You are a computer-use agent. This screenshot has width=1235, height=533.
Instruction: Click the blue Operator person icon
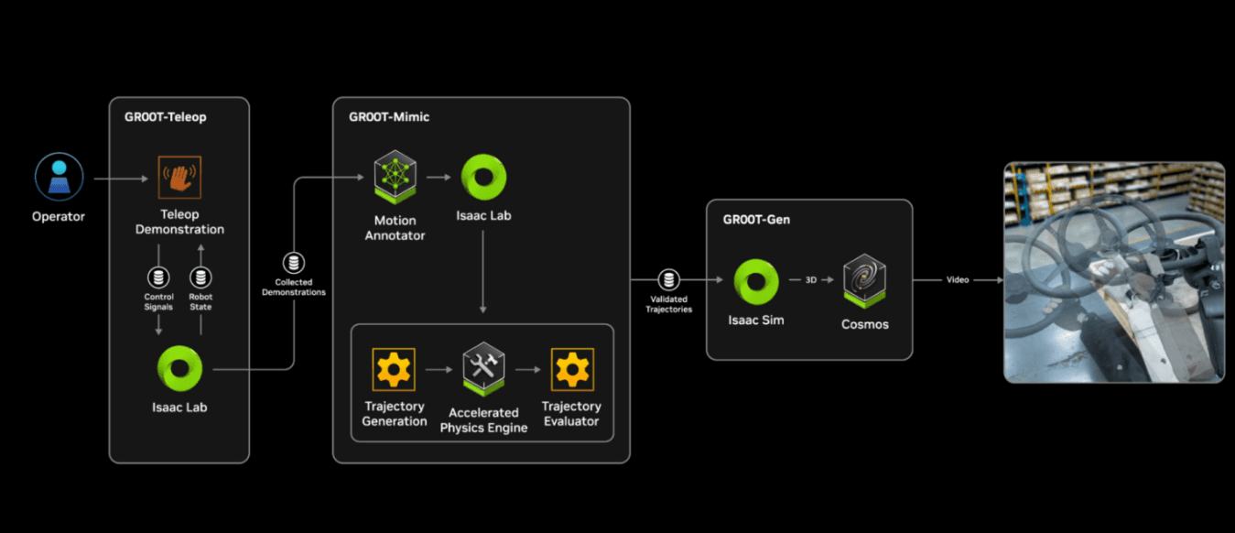coord(60,176)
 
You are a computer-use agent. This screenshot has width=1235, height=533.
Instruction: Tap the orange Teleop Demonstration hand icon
coord(179,177)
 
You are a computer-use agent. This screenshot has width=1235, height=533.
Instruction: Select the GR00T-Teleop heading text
coord(166,117)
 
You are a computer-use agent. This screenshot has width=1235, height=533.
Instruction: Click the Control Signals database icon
coord(159,276)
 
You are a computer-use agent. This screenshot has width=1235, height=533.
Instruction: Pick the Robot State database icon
coord(200,276)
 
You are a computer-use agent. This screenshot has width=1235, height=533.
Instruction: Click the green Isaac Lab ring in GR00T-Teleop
coord(179,367)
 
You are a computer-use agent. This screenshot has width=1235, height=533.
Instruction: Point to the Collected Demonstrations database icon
coord(294,264)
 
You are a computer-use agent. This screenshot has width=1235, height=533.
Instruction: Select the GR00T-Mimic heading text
coord(389,117)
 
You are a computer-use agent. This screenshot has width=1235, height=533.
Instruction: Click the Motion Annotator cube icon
coord(395,177)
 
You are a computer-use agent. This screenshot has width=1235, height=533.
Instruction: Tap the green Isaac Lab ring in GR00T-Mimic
coord(483,177)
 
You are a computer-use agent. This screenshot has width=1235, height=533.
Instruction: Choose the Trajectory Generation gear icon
coord(395,370)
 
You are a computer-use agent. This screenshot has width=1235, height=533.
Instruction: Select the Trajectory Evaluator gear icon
coord(571,370)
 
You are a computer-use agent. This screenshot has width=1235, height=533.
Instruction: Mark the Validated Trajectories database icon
coord(668,280)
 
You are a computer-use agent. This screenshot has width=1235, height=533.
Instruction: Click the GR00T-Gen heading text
coord(756,220)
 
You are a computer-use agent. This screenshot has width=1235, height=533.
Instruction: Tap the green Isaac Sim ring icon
coord(756,281)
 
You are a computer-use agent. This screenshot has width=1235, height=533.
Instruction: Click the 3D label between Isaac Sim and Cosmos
coord(810,280)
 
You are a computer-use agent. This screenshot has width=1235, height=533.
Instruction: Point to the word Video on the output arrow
coord(958,280)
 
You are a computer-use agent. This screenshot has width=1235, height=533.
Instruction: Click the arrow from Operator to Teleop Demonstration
coord(121,179)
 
